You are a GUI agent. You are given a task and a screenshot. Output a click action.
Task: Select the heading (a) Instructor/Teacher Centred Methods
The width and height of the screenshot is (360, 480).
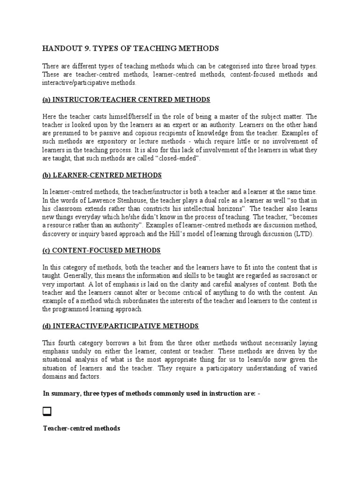(126, 100)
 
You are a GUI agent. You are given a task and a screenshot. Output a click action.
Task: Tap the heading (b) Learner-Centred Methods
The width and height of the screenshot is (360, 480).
(102, 175)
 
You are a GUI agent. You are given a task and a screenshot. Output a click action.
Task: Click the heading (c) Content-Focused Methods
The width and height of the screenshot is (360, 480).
(101, 250)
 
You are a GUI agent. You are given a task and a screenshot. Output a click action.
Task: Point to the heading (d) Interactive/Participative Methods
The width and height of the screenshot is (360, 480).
(120, 326)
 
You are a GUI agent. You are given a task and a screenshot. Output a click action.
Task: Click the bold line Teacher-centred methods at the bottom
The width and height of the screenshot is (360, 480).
(82, 428)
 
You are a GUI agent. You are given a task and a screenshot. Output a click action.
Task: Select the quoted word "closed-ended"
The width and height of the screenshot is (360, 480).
(181, 158)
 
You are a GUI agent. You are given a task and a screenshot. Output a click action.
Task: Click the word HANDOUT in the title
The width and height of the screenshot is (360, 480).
(60, 48)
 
